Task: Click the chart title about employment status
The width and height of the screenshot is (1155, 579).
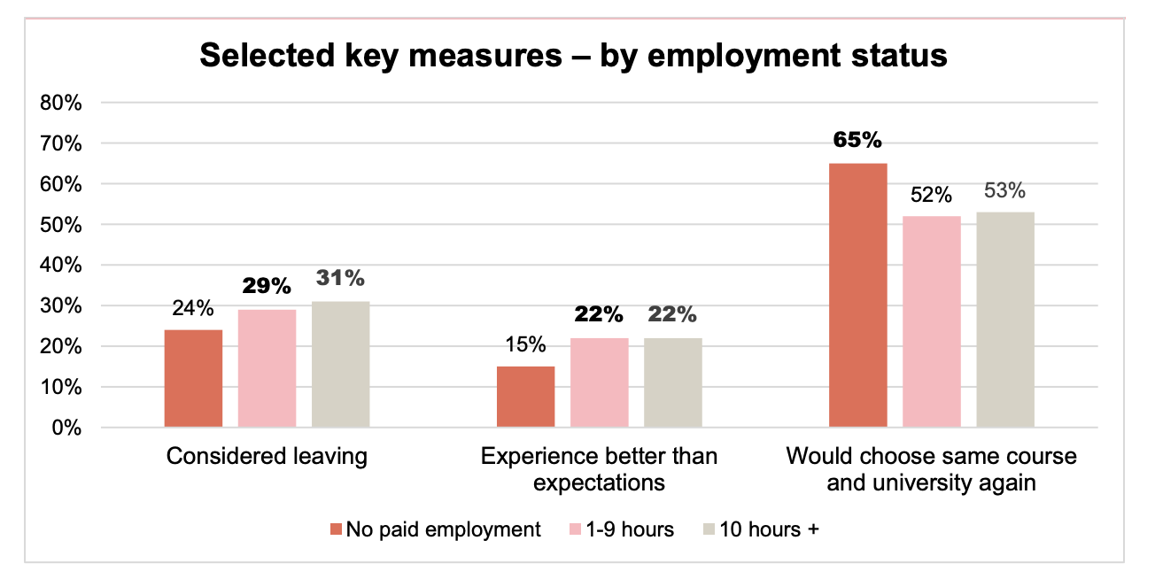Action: [x=573, y=56]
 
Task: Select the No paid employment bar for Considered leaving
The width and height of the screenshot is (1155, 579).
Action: [x=193, y=379]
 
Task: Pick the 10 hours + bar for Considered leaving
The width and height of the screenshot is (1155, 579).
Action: [x=340, y=365]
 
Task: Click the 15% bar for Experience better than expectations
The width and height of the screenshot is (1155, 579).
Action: [x=525, y=397]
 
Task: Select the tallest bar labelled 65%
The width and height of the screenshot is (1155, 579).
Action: [x=857, y=296]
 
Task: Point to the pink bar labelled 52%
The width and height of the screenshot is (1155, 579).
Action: [x=931, y=322]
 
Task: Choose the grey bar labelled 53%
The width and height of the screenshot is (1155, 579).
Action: [x=1005, y=320]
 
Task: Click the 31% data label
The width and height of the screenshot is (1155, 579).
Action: [x=340, y=279]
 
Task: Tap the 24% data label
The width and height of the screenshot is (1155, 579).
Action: [x=193, y=308]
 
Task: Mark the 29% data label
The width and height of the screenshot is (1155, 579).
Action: [x=267, y=287]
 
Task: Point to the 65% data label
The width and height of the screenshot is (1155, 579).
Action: [x=857, y=141]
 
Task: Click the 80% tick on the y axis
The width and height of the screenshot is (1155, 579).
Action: [x=61, y=103]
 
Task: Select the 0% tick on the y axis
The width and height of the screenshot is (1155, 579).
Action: [x=66, y=428]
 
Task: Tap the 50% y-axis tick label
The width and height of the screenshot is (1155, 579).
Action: [x=61, y=225]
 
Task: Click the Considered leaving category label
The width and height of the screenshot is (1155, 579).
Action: [x=267, y=457]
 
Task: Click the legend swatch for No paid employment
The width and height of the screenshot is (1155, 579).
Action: [x=336, y=529]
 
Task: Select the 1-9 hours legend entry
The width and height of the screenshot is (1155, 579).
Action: [x=619, y=529]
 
